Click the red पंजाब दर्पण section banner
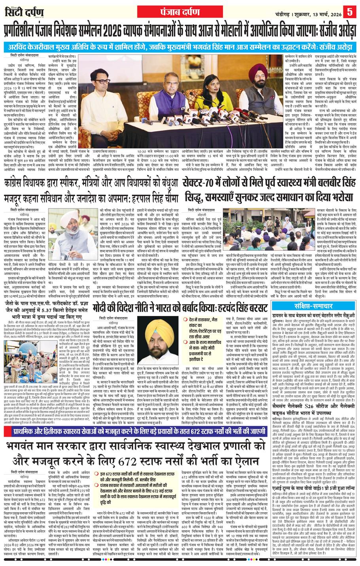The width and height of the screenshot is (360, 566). pos(179,9)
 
